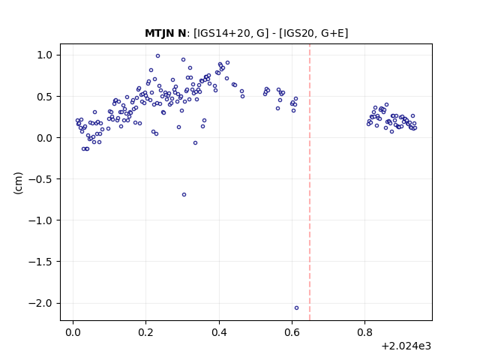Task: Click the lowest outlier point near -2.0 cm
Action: tap(296, 307)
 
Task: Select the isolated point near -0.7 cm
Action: tap(184, 194)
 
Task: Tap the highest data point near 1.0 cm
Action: tap(157, 55)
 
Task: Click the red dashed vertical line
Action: tap(310, 182)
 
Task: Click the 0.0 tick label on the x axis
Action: tap(73, 331)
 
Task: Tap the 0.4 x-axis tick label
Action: tap(219, 331)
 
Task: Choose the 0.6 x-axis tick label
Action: tap(292, 331)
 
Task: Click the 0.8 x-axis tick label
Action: tap(365, 331)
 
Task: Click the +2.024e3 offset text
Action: tap(406, 346)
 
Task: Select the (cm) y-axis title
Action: tap(18, 183)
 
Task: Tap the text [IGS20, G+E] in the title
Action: tap(313, 33)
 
